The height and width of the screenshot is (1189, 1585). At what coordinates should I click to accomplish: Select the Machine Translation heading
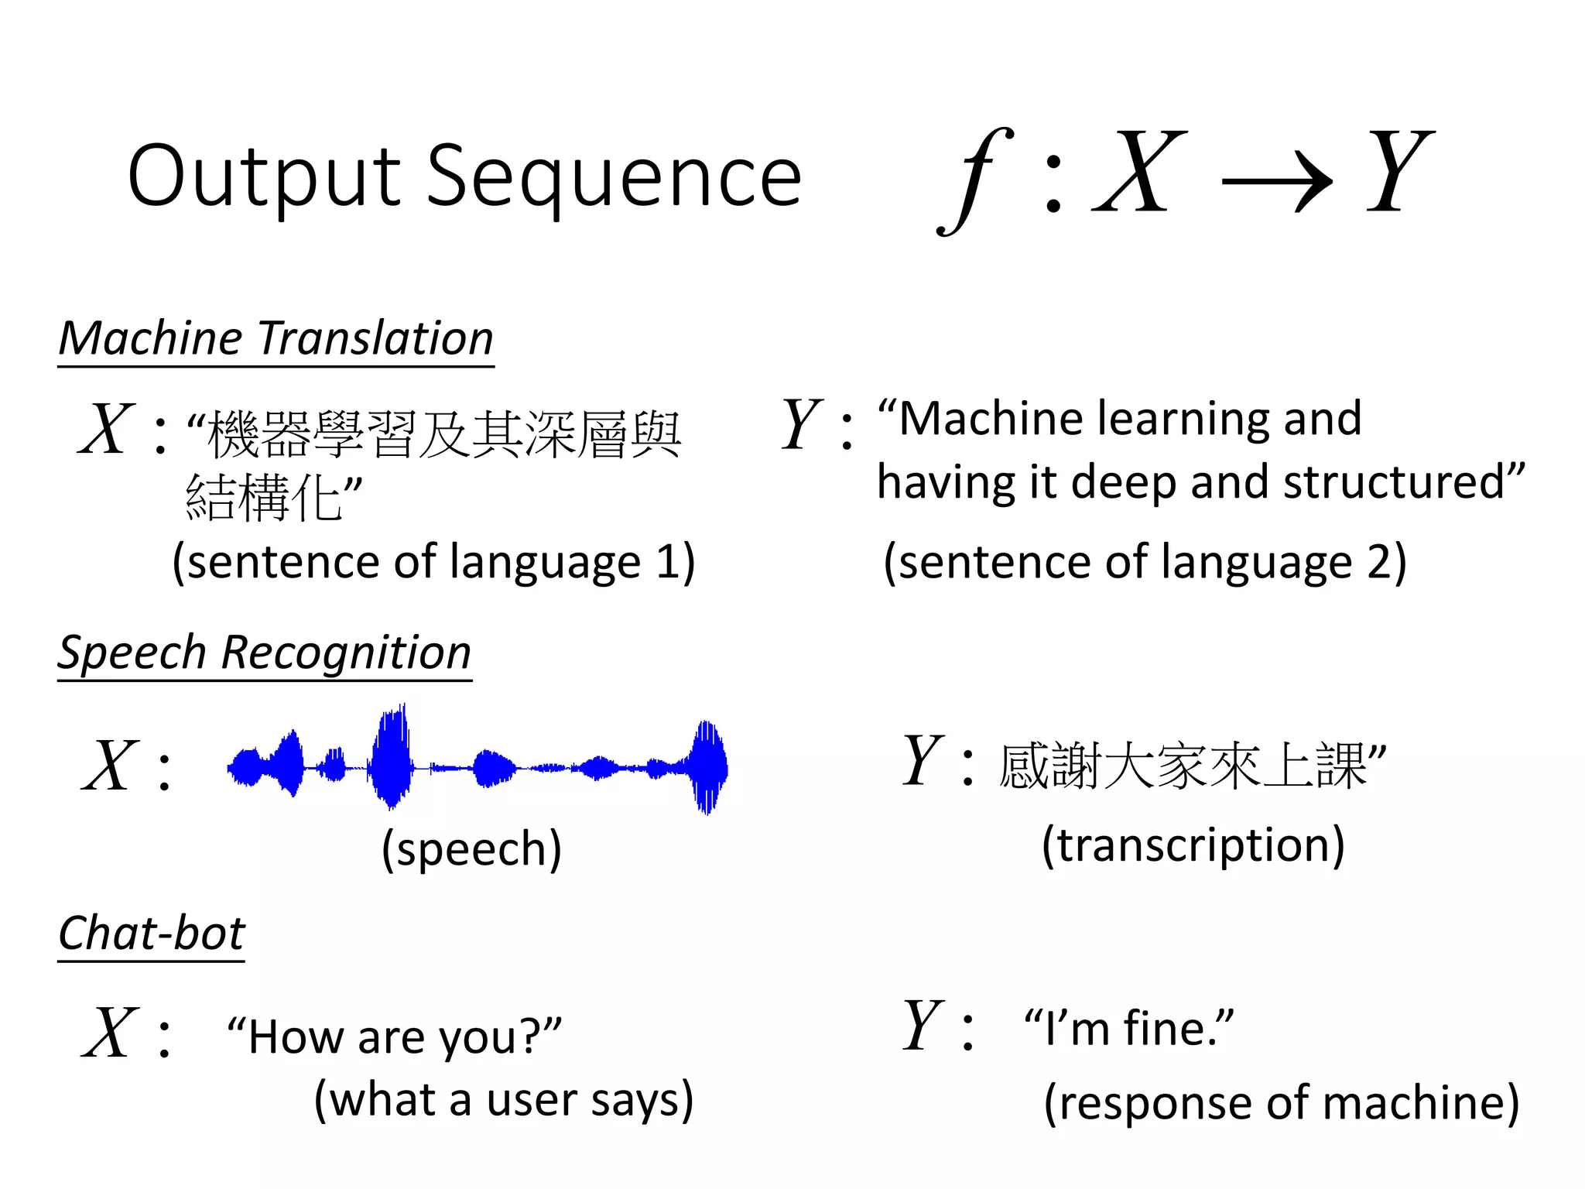point(276,339)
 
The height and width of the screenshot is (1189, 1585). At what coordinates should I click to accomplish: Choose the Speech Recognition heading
point(265,653)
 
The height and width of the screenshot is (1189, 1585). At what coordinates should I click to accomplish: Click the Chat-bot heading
point(152,934)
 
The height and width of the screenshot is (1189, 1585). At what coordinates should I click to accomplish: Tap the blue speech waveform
point(477,766)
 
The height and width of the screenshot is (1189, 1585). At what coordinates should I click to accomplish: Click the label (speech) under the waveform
point(471,849)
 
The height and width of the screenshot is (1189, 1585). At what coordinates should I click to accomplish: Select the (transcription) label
point(1193,845)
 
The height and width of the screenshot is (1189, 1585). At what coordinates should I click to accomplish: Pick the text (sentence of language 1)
point(433,562)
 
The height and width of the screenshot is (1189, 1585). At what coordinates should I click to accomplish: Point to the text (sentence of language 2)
point(1145,562)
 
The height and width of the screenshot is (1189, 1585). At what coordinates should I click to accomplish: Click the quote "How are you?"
point(394,1036)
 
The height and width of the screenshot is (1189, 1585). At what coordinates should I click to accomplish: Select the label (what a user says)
point(504,1100)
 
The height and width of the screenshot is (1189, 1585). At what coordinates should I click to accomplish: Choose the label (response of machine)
point(1281,1102)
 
